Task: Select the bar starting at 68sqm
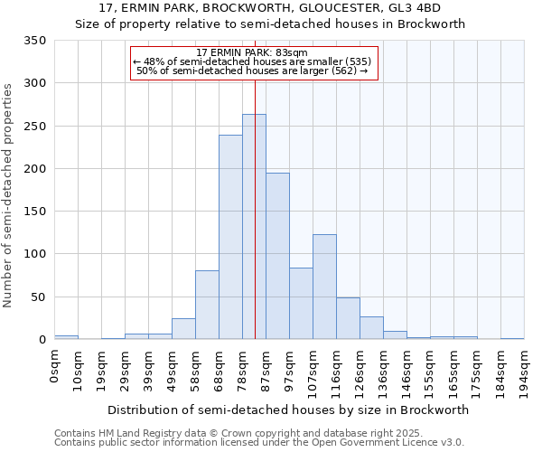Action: click(230, 237)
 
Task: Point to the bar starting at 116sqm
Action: click(348, 318)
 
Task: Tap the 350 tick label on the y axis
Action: click(35, 41)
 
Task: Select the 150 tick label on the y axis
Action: click(35, 212)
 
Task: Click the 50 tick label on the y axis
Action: click(39, 297)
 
